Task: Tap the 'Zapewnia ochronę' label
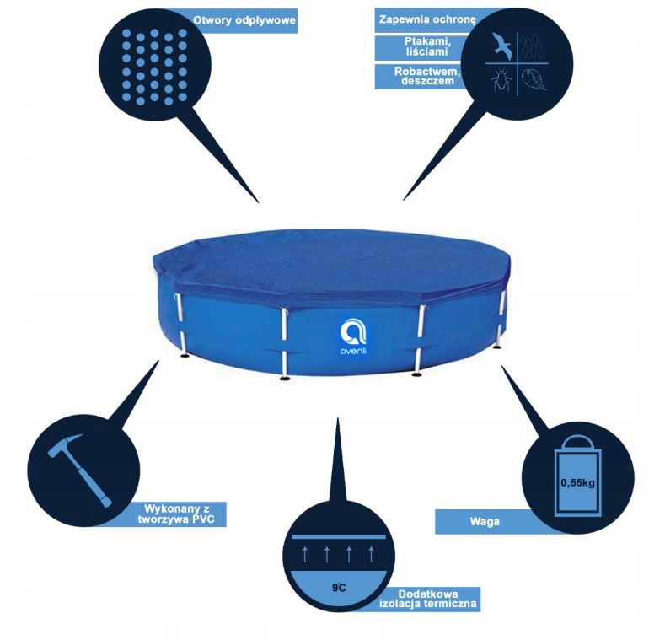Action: click(428, 19)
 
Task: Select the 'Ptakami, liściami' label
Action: click(431, 47)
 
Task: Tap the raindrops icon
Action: click(532, 46)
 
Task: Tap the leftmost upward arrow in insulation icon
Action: click(303, 553)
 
